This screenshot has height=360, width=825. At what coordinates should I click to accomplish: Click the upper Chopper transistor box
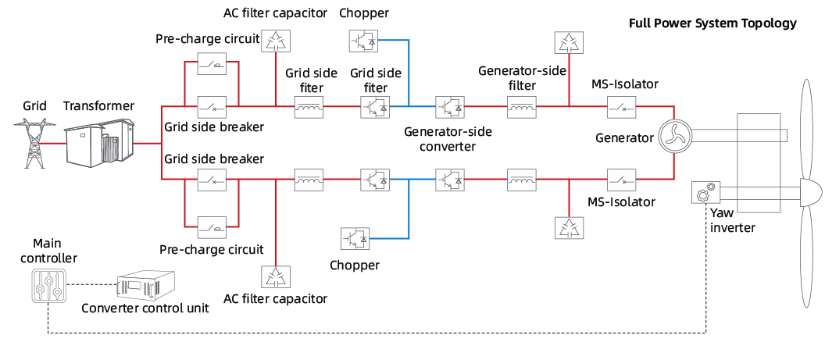362,40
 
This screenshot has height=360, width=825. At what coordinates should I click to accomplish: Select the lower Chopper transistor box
355,237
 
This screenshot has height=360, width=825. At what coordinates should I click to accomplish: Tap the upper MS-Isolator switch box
622,105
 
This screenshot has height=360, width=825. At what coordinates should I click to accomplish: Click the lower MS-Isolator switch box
622,180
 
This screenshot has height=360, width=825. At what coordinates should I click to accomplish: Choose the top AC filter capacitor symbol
274,41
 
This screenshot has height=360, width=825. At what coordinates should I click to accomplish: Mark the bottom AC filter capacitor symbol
274,276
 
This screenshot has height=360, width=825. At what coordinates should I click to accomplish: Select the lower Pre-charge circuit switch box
212,227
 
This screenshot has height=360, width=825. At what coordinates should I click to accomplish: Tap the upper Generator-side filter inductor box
522,105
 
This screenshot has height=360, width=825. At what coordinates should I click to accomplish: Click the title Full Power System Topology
712,23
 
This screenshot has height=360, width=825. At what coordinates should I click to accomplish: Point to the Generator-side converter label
446,138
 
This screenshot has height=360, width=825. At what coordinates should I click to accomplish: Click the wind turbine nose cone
809,191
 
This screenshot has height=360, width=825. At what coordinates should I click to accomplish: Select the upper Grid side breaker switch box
212,105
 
